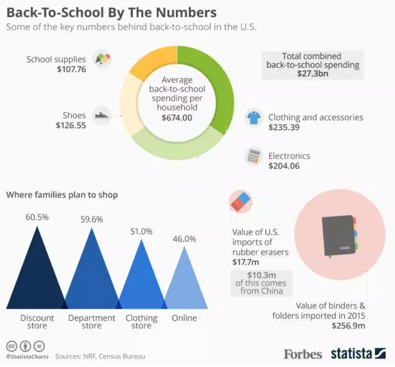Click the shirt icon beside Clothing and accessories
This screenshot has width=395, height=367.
(x=253, y=118)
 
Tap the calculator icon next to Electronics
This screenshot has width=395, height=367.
(x=254, y=156)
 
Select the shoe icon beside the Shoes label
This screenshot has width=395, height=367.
(x=102, y=115)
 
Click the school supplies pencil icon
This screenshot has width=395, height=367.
(x=101, y=59)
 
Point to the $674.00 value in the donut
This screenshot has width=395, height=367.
(x=177, y=118)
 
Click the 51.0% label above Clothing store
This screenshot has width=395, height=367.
(x=141, y=231)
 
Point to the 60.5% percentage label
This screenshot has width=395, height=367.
(x=37, y=217)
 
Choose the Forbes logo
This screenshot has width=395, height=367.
(x=303, y=354)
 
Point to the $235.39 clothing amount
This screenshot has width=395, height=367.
(x=285, y=128)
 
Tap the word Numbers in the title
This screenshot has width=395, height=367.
(x=186, y=12)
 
